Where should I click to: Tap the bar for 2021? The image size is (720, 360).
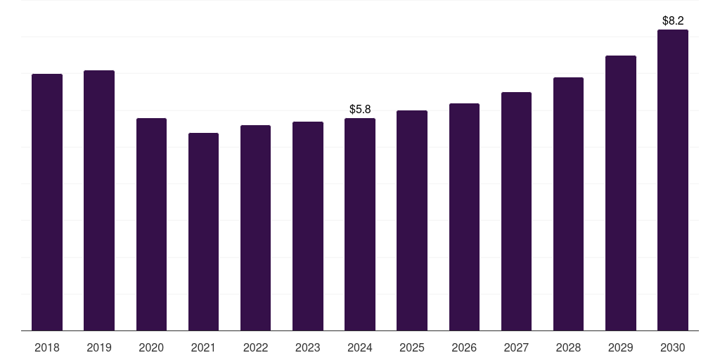203,231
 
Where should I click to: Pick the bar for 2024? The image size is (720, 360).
360,224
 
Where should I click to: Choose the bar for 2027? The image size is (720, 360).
516,211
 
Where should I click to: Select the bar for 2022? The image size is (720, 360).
255,228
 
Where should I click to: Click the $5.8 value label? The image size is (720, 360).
360,109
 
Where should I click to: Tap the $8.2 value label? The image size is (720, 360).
673,21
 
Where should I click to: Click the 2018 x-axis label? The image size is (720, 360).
47,347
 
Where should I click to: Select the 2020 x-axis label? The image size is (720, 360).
151,347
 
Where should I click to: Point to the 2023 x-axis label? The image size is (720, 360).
308,347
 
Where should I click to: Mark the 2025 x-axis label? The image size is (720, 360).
412,347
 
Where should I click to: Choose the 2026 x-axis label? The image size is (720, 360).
464,347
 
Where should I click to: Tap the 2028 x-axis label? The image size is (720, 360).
568,347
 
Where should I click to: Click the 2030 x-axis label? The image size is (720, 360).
673,347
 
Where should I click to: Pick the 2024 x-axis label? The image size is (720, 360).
360,347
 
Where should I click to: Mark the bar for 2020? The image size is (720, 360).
151,224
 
